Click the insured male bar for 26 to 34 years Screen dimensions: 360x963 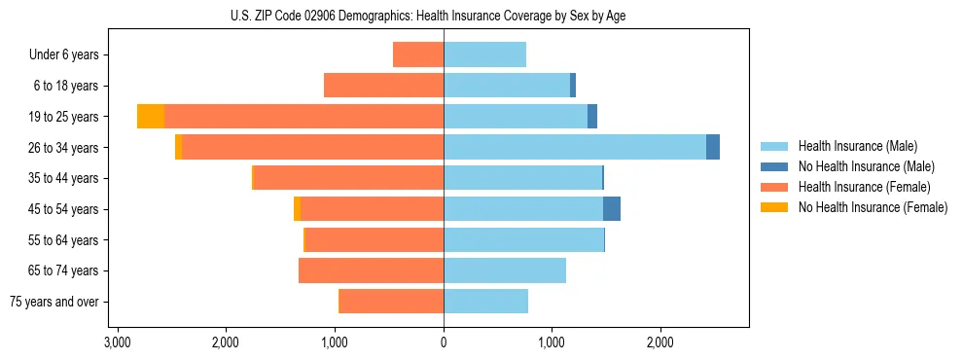click(x=574, y=147)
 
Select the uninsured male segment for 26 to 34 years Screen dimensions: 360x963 click(x=713, y=147)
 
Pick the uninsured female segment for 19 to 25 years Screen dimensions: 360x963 click(x=151, y=117)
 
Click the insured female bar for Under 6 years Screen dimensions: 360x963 click(x=418, y=54)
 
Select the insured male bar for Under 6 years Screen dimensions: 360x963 click(x=484, y=54)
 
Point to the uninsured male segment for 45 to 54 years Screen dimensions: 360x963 click(x=612, y=209)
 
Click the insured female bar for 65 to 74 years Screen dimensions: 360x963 click(x=371, y=270)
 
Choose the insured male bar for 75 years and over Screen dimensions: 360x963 click(x=485, y=302)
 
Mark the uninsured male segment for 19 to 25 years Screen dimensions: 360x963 click(x=592, y=117)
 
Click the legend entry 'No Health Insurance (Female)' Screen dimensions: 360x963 click(x=872, y=207)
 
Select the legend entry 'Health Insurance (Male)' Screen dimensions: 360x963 click(x=857, y=146)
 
